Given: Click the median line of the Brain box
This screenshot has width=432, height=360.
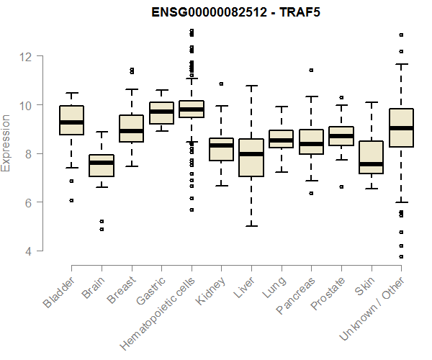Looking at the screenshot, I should point(102,163).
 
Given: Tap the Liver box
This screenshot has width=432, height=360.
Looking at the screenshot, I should point(251,157).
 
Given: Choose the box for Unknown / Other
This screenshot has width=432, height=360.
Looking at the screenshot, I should point(401,127).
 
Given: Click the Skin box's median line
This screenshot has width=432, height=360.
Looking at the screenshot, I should point(371,164).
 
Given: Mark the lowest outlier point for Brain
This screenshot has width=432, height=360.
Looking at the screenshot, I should point(102,229).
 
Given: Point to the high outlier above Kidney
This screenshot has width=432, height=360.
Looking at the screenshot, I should point(221,84).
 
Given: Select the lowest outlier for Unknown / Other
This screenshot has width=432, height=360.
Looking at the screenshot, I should point(401,256).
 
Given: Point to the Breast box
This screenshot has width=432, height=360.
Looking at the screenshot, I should point(131,128).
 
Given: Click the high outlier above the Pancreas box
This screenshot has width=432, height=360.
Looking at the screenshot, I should point(311,71).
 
